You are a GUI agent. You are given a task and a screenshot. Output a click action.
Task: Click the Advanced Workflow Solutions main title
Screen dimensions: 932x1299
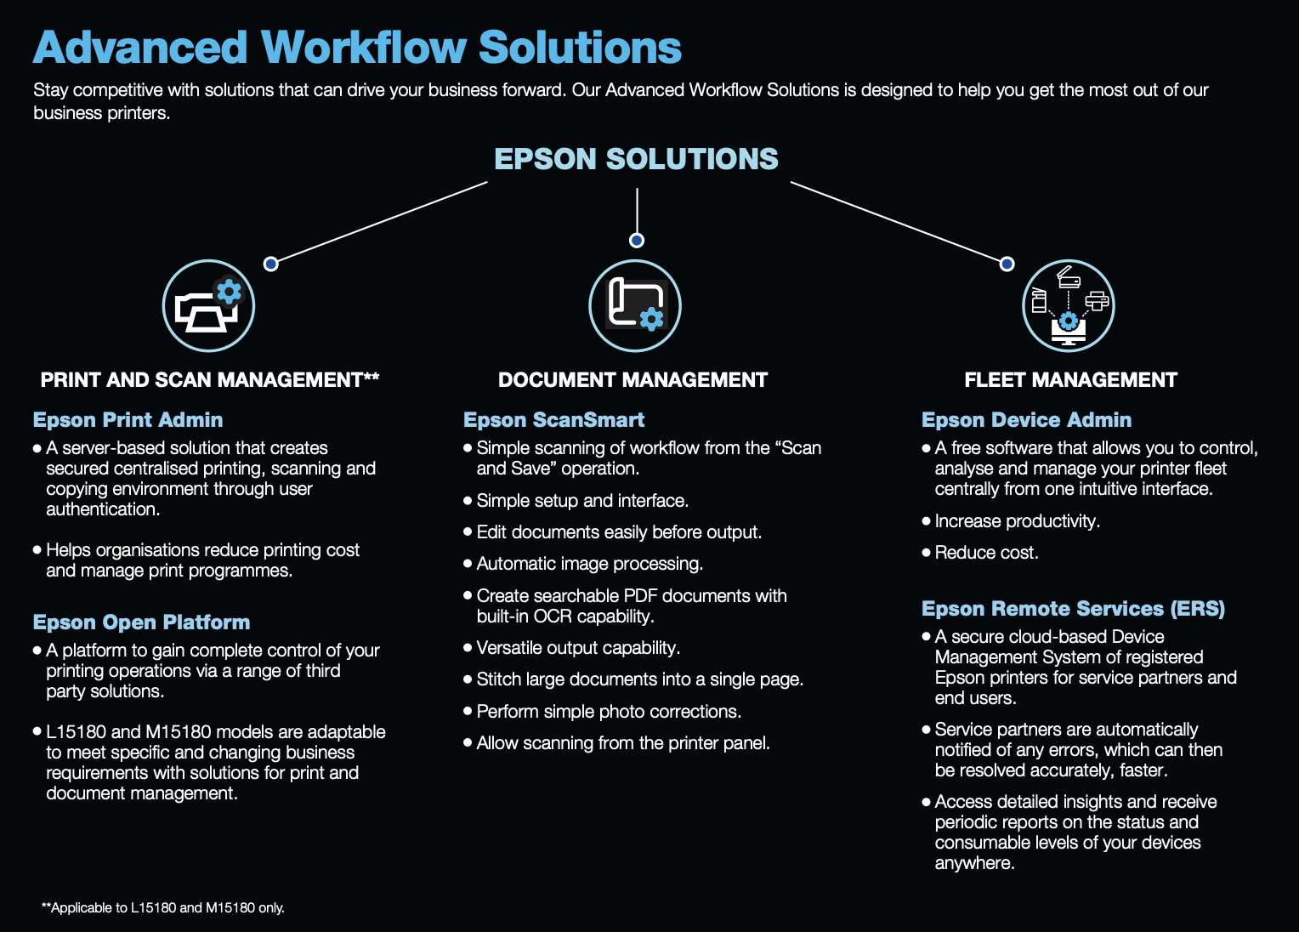357,48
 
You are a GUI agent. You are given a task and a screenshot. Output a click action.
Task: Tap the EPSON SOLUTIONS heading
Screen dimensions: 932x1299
636,159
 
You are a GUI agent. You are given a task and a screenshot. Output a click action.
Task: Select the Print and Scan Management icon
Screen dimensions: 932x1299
208,306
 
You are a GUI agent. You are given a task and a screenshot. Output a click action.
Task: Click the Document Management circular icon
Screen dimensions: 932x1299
635,306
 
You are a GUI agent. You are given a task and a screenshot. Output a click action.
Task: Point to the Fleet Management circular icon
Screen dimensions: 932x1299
1068,306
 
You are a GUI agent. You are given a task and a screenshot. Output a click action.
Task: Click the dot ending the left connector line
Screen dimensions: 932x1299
271,264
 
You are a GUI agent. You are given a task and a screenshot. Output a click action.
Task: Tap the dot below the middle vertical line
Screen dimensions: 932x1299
637,241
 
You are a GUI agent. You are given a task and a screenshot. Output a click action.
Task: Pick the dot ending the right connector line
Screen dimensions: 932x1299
1007,264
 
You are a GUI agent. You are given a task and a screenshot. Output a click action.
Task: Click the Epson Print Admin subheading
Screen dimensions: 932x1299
128,420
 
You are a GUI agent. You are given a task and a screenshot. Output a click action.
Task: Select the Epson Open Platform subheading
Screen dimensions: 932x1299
142,622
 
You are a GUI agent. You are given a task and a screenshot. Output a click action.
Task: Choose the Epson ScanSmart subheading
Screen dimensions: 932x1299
553,420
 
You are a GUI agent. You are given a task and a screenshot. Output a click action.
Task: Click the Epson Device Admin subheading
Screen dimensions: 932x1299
1026,420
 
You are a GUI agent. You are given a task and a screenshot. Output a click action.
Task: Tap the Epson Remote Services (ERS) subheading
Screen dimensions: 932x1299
1073,609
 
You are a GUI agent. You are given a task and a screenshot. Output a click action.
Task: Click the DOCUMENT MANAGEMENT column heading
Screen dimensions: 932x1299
632,380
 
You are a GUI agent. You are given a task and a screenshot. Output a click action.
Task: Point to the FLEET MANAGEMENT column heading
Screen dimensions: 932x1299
1070,380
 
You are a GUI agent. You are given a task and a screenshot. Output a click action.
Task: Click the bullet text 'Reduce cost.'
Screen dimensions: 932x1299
986,553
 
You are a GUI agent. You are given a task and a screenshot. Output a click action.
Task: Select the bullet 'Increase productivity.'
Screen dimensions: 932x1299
1017,521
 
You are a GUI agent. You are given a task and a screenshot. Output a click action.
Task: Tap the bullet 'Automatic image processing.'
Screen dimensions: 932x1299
589,564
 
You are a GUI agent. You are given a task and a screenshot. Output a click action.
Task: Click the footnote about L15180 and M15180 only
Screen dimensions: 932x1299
163,908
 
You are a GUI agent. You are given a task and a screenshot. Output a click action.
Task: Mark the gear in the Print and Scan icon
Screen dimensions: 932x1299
229,292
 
